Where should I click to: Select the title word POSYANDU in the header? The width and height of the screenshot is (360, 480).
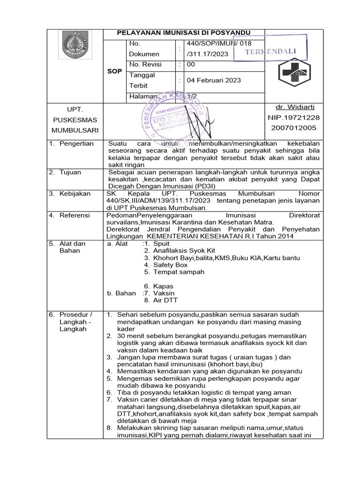[x=232, y=32]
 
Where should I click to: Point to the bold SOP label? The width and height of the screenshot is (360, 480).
[x=114, y=71]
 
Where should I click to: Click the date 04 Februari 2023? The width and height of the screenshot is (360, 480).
[x=214, y=80]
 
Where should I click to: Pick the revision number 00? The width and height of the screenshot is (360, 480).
[x=191, y=64]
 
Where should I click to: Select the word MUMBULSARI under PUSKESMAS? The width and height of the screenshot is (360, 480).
[x=75, y=130]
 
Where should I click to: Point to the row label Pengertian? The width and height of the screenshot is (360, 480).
[x=76, y=143]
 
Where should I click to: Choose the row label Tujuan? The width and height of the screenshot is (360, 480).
[x=70, y=172]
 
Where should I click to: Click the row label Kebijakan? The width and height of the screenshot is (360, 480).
[x=75, y=194]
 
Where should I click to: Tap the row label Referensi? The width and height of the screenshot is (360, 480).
[x=75, y=215]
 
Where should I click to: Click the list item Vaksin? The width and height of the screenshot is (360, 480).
[x=164, y=293]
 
